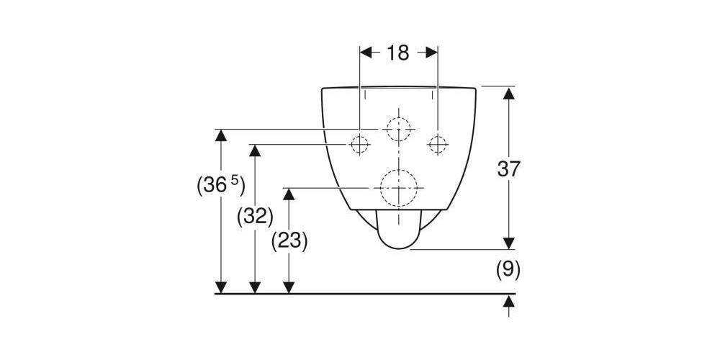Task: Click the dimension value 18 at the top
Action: pyautogui.click(x=397, y=53)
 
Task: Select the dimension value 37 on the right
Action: pyautogui.click(x=508, y=169)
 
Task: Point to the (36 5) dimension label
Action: pyautogui.click(x=220, y=186)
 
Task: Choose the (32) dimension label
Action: pyautogui.click(x=255, y=216)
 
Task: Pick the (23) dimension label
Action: pyautogui.click(x=289, y=240)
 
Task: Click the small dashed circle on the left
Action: pyautogui.click(x=359, y=145)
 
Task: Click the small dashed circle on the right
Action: pyautogui.click(x=438, y=145)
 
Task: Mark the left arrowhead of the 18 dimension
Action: pyautogui.click(x=366, y=53)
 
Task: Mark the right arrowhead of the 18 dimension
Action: pyautogui.click(x=431, y=53)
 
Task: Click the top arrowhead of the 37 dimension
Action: pyautogui.click(x=508, y=93)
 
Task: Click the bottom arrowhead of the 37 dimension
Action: pyautogui.click(x=508, y=243)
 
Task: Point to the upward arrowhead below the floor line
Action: pyautogui.click(x=508, y=301)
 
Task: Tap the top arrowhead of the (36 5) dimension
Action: pyautogui.click(x=221, y=136)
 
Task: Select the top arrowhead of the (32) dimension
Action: pyautogui.click(x=255, y=150)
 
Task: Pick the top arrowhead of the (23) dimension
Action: pyautogui.click(x=289, y=194)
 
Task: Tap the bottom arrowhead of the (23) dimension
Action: pyautogui.click(x=289, y=287)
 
